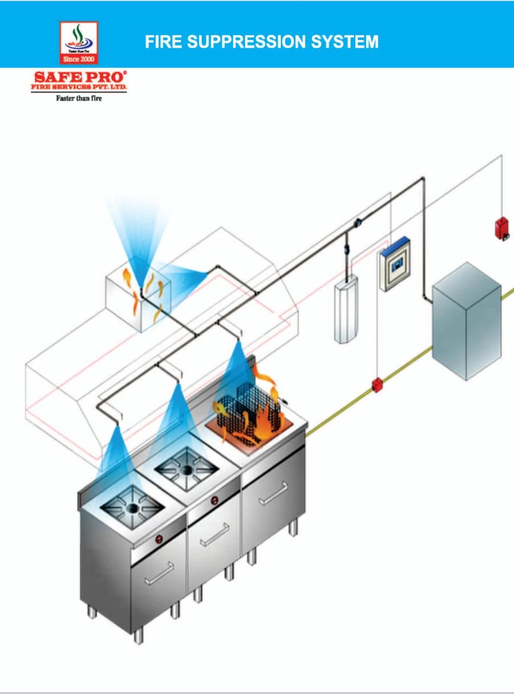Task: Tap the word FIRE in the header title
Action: tap(162, 42)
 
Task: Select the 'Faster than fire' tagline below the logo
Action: tap(79, 99)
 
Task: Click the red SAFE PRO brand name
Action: tap(79, 78)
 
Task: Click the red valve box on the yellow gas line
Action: tap(377, 385)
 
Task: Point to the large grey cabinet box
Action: tap(466, 320)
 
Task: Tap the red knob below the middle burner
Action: tap(214, 499)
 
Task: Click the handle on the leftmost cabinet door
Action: tap(159, 573)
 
